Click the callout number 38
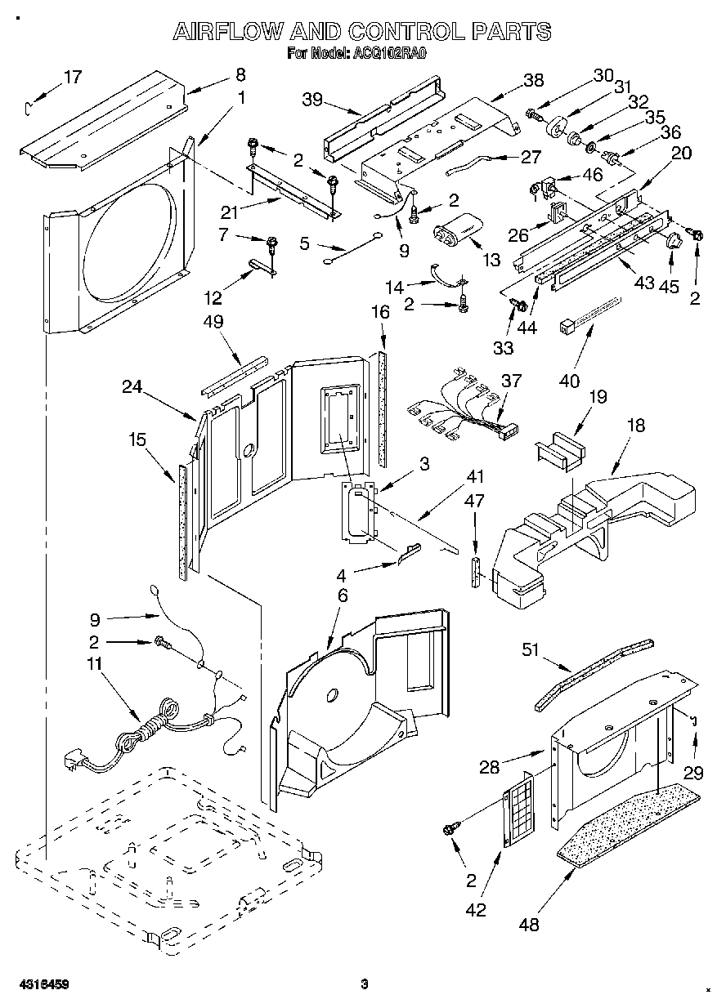pyautogui.click(x=533, y=80)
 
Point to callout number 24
pyautogui.click(x=134, y=389)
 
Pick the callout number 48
pyautogui.click(x=529, y=925)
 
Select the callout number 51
pyautogui.click(x=531, y=649)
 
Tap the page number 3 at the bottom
pyautogui.click(x=365, y=983)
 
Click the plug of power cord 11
pyautogui.click(x=75, y=763)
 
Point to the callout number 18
pyautogui.click(x=635, y=425)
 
